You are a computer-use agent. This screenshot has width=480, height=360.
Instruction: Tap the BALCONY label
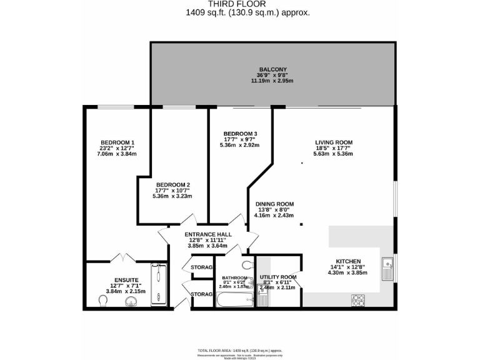click(x=272, y=69)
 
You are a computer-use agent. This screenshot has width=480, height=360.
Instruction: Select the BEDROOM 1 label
click(x=114, y=142)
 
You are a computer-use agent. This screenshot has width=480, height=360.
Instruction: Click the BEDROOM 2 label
click(x=172, y=184)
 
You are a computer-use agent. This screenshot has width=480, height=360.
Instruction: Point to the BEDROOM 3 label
click(x=240, y=134)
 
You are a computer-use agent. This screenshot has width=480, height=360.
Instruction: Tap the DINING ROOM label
click(x=274, y=204)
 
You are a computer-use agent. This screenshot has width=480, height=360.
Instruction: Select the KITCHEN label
click(x=349, y=262)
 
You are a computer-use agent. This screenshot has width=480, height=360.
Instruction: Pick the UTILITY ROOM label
click(x=278, y=277)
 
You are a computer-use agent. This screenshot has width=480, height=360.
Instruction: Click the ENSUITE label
click(x=126, y=280)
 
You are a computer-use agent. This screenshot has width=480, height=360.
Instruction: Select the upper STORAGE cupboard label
click(x=201, y=267)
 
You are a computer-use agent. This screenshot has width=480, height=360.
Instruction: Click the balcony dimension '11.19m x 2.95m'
click(x=272, y=81)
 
